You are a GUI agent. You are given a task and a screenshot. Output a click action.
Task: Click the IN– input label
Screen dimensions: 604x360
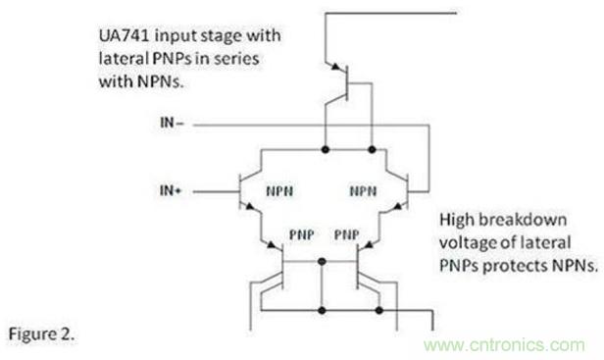(x=172, y=123)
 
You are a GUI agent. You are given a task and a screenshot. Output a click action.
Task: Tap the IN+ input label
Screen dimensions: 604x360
(x=171, y=190)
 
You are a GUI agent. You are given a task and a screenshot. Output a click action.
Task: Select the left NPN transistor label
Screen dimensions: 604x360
(x=279, y=191)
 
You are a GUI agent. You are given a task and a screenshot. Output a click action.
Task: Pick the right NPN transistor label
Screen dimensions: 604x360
(x=363, y=191)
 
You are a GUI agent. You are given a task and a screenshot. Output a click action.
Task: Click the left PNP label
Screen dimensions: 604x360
(x=302, y=234)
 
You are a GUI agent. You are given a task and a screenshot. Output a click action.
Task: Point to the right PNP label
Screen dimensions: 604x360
(x=347, y=234)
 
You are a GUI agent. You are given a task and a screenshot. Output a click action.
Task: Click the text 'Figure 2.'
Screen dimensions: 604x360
(x=41, y=334)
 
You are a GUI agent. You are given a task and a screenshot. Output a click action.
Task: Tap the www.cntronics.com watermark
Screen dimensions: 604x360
(x=504, y=344)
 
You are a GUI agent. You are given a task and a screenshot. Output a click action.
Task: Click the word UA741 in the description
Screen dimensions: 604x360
(x=124, y=36)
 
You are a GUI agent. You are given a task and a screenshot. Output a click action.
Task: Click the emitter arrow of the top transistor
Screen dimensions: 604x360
(x=336, y=67)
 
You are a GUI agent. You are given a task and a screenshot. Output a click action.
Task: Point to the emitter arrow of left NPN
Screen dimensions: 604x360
(x=250, y=207)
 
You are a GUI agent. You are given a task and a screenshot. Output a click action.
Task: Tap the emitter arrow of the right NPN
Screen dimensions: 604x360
(x=397, y=207)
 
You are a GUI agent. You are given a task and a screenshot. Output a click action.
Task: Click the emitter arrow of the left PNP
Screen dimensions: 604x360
(x=272, y=245)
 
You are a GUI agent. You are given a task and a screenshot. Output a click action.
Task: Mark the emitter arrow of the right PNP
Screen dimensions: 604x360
(x=369, y=245)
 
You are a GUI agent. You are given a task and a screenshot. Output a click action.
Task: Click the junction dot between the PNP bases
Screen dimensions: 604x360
(x=322, y=262)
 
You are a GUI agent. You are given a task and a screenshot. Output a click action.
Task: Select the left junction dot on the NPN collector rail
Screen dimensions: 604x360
(x=326, y=149)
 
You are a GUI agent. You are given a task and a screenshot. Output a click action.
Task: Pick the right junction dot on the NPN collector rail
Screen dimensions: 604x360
(x=372, y=149)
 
